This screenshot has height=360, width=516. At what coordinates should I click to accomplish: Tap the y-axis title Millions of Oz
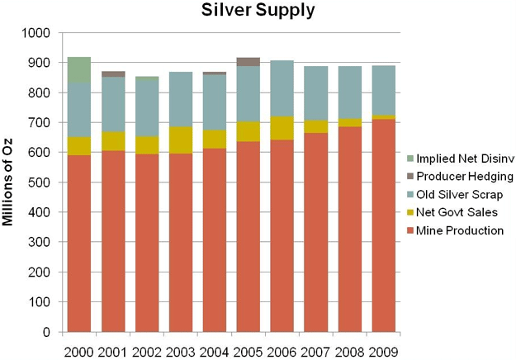pyautogui.click(x=16, y=182)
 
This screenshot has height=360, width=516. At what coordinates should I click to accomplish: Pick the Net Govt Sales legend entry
pyautogui.click(x=456, y=213)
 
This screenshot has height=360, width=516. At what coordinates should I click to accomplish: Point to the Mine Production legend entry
pyautogui.click(x=459, y=230)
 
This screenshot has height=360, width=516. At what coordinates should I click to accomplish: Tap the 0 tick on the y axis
pyautogui.click(x=48, y=333)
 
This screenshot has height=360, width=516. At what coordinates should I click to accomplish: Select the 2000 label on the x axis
pyautogui.click(x=79, y=352)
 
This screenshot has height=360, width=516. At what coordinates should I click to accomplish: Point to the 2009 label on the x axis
pyautogui.click(x=382, y=352)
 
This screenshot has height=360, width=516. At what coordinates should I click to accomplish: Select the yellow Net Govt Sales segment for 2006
pyautogui.click(x=282, y=128)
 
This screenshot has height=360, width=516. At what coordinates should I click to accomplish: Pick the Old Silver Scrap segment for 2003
pyautogui.click(x=180, y=99)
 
